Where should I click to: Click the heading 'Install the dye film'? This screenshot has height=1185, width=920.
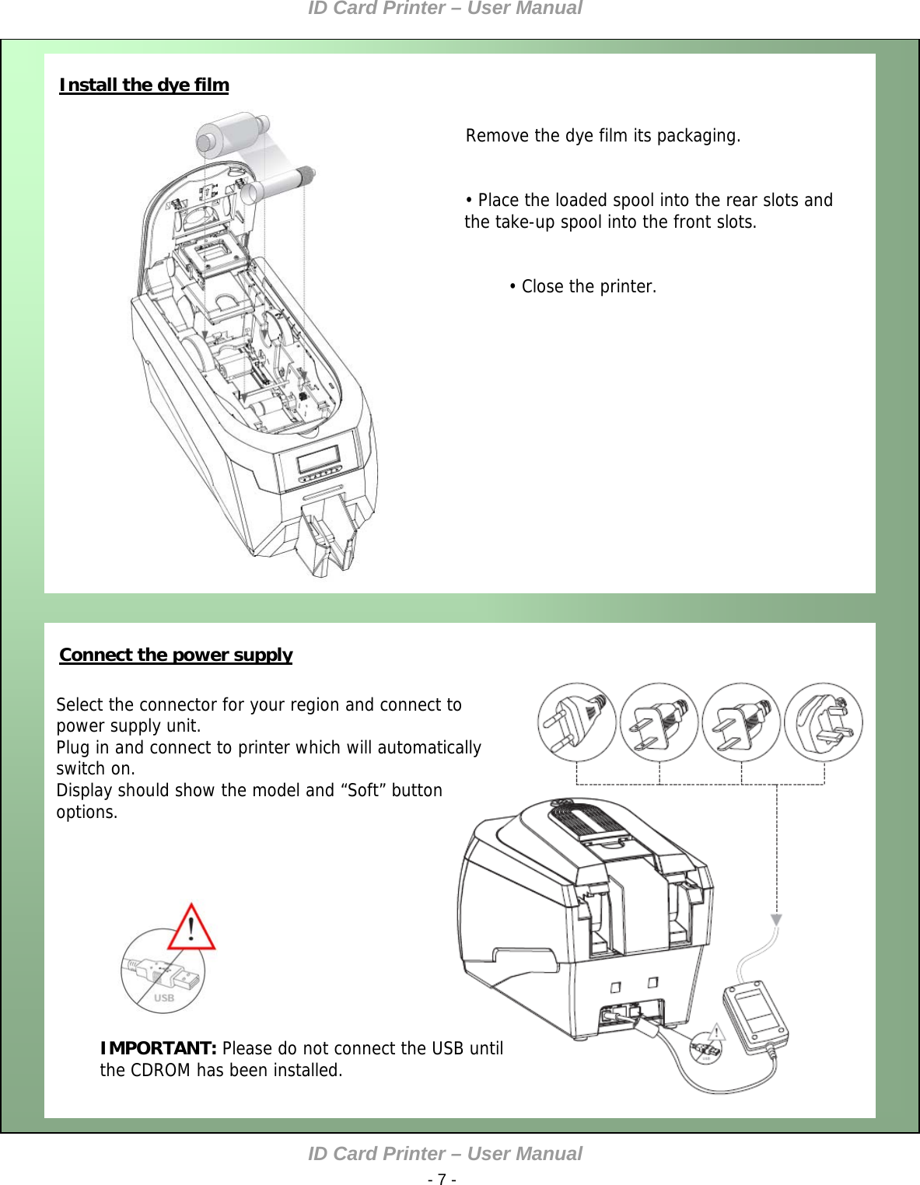[144, 85]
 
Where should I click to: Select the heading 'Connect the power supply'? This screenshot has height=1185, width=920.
[176, 655]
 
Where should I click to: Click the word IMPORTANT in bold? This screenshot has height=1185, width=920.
[158, 1048]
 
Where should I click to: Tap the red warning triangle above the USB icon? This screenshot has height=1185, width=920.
[191, 928]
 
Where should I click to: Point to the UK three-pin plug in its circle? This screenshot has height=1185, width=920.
[824, 722]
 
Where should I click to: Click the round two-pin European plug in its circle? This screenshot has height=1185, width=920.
[576, 722]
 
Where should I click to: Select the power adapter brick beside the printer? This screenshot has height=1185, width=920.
[755, 1016]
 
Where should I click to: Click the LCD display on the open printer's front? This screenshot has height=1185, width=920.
[319, 457]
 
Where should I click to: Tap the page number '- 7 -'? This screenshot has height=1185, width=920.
[442, 1179]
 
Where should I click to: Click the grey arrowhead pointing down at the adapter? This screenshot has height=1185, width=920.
[776, 920]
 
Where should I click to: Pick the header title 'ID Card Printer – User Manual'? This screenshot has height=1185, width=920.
[445, 9]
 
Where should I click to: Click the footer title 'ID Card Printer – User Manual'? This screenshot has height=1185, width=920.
[445, 1154]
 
